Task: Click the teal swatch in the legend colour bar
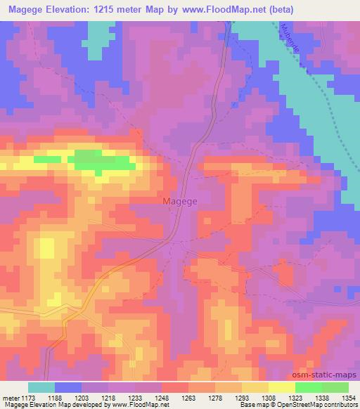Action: [x=41, y=387]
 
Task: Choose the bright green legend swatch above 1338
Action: [x=309, y=387]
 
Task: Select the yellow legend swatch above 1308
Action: [x=282, y=387]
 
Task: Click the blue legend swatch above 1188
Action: [x=68, y=387]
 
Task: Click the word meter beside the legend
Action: [x=10, y=397]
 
